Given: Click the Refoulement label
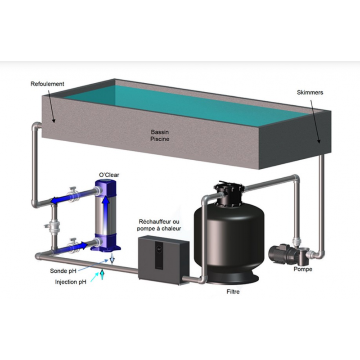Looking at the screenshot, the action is [47, 84].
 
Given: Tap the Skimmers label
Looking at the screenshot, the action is [310, 93].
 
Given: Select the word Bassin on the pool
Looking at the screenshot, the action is [160, 132].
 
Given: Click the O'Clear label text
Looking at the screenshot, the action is [109, 175].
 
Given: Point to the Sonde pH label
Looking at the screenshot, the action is [63, 271].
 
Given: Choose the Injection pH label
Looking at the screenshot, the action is [71, 282].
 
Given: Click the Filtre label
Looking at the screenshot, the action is [233, 292].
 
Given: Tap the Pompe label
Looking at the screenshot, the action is [303, 269].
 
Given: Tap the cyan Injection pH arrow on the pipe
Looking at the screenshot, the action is [102, 274].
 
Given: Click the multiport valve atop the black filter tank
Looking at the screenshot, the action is [229, 193].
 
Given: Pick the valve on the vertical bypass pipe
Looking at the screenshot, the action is [54, 226].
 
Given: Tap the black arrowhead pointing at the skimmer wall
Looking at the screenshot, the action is [319, 141].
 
